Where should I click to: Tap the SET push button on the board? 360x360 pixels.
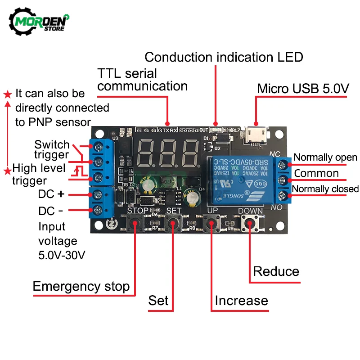pyautogui.click(x=173, y=223)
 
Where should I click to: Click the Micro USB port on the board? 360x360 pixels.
pyautogui.click(x=256, y=134)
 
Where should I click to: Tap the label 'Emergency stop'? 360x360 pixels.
pyautogui.click(x=81, y=287)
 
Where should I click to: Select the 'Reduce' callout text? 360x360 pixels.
pyautogui.click(x=276, y=271)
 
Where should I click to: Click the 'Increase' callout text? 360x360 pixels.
pyautogui.click(x=241, y=301)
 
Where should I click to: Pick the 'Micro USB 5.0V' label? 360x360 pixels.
pyautogui.click(x=303, y=89)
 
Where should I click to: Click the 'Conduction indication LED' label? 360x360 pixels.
pyautogui.click(x=224, y=57)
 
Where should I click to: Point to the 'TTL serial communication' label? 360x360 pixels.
pyautogui.click(x=142, y=79)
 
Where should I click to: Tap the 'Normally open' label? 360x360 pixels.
pyautogui.click(x=325, y=157)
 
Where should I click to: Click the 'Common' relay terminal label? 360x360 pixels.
pyautogui.click(x=316, y=173)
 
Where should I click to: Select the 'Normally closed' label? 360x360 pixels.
pyautogui.click(x=325, y=189)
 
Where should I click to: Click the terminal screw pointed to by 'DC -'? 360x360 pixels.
pyautogui.click(x=97, y=209)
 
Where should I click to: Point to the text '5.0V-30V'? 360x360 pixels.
pyautogui.click(x=62, y=255)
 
